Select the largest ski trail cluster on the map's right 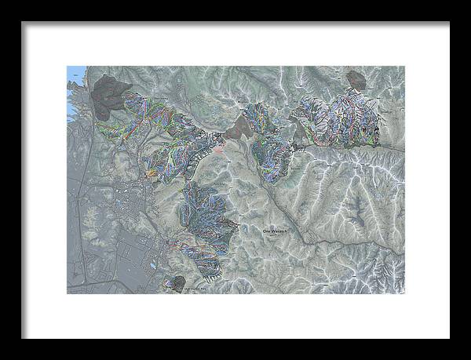pyautogui.click(x=345, y=118)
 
